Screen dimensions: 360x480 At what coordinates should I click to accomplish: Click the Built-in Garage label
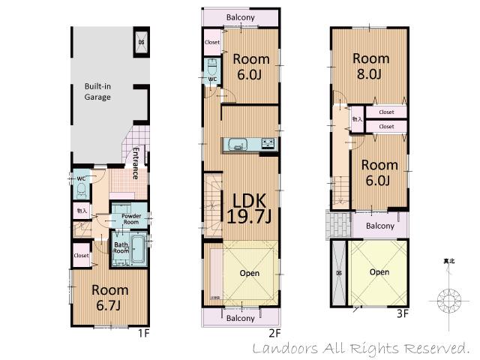tap(97, 91)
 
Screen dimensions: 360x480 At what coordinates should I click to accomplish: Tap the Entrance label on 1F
tap(136, 163)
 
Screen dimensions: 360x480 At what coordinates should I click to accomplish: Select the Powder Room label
tap(131, 219)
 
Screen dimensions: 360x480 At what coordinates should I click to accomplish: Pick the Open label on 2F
tap(250, 273)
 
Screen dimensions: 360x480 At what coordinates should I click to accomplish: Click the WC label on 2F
tap(212, 78)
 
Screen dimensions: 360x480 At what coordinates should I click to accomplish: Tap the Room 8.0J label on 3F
tap(371, 66)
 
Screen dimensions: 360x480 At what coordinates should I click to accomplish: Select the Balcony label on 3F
tap(380, 225)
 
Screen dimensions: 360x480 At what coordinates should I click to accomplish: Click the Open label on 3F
tap(379, 271)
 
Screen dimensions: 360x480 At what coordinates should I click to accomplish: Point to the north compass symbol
tap(449, 301)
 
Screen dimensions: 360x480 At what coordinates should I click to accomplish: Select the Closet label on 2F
tap(212, 42)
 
